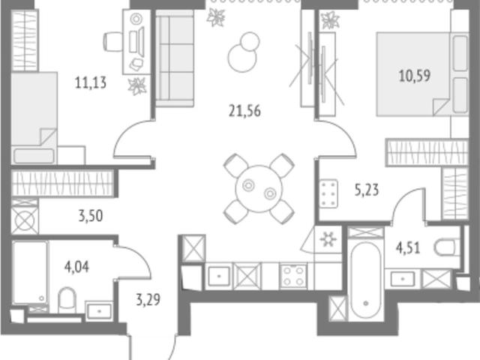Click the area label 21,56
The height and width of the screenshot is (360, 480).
point(244,111)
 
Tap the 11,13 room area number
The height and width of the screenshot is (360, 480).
point(91,82)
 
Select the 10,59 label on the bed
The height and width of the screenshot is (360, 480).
point(415,76)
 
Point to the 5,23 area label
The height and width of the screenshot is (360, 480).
point(367,190)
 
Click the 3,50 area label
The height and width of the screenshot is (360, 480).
point(91,216)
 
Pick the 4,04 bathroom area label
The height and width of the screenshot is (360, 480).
point(76,267)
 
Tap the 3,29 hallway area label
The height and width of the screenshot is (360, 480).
point(148,300)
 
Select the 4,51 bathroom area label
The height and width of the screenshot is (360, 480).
point(408,248)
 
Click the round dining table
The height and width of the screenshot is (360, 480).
point(259,189)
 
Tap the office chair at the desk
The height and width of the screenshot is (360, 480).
point(113,42)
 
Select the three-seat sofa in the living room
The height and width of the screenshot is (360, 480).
point(175,58)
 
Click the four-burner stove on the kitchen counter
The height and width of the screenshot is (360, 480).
point(293,276)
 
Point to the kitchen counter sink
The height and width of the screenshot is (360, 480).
point(218,276)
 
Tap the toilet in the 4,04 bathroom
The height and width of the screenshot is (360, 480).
point(67,300)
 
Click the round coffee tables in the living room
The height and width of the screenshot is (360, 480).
point(244,52)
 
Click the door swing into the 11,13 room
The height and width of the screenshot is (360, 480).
point(129,135)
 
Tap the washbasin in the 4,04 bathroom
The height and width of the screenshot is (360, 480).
point(99,311)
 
